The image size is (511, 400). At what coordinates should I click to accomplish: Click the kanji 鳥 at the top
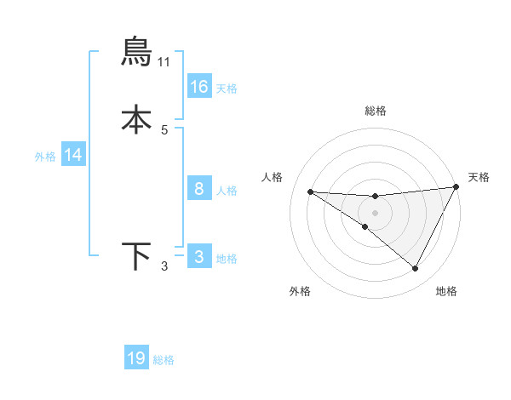(x=137, y=52)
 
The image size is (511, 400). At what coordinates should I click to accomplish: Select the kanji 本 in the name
(x=137, y=119)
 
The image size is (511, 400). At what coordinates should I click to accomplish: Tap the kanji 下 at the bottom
(x=137, y=256)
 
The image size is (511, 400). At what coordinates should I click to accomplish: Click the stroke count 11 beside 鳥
(x=164, y=62)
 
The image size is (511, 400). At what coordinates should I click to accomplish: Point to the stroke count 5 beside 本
(x=164, y=130)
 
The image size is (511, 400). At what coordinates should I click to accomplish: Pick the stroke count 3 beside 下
(x=164, y=267)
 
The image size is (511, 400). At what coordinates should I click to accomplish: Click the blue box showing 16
(x=199, y=86)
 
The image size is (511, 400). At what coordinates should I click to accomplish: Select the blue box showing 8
(x=199, y=189)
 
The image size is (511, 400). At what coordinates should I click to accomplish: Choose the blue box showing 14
(x=73, y=155)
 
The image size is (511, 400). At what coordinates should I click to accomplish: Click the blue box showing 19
(x=136, y=358)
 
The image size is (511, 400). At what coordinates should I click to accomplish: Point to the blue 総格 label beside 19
(x=164, y=360)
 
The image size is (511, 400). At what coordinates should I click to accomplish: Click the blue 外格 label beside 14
(x=45, y=157)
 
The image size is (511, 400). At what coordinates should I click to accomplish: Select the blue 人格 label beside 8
(x=227, y=191)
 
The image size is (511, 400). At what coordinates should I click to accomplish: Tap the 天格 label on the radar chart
(x=479, y=177)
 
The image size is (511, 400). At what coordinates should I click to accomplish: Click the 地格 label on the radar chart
(x=446, y=291)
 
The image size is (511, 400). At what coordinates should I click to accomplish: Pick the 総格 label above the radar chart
(x=376, y=111)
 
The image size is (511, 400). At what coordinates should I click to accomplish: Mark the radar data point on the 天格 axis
(x=456, y=187)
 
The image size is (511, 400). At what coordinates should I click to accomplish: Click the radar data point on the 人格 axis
(x=310, y=191)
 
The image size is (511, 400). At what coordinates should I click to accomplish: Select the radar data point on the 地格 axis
(x=416, y=269)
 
